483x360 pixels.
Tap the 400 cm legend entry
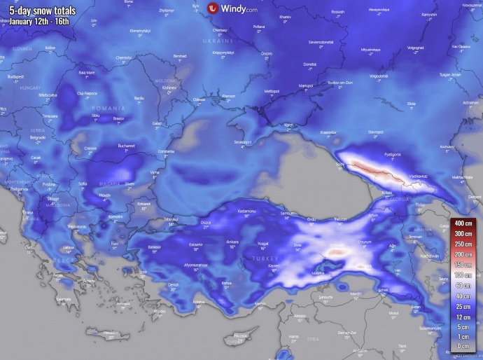click(461, 223)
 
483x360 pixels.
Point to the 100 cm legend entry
click(461, 275)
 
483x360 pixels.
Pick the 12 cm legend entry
click(461, 318)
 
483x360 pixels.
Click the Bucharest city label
click(126, 146)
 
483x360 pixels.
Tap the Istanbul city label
click(171, 219)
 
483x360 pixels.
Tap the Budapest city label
click(15, 76)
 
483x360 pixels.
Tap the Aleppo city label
click(300, 315)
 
